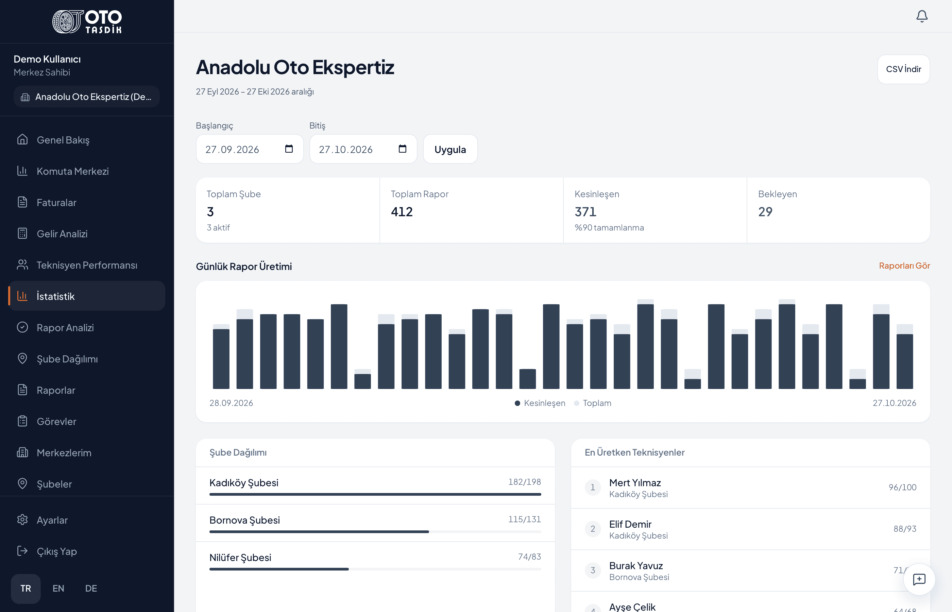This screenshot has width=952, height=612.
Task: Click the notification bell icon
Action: pyautogui.click(x=922, y=16)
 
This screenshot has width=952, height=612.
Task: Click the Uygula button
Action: pyautogui.click(x=450, y=149)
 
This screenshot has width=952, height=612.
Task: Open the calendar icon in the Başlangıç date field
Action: pyautogui.click(x=289, y=149)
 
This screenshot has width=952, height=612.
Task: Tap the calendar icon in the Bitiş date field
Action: pyautogui.click(x=403, y=149)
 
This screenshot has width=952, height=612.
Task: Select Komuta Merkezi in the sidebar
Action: pyautogui.click(x=73, y=171)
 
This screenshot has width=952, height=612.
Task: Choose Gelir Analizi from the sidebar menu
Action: pyautogui.click(x=62, y=234)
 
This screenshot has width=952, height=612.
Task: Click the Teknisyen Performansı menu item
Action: pyautogui.click(x=87, y=265)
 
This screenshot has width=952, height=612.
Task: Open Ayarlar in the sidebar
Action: pyautogui.click(x=52, y=520)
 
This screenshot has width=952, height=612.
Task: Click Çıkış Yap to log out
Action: pyautogui.click(x=57, y=551)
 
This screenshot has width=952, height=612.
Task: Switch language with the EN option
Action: pyautogui.click(x=58, y=589)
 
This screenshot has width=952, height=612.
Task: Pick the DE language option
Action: pyautogui.click(x=91, y=589)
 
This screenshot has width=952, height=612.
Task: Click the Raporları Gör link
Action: pyautogui.click(x=904, y=266)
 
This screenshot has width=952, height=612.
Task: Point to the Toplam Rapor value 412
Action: pyautogui.click(x=402, y=212)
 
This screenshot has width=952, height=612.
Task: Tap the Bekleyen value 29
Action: pyautogui.click(x=765, y=212)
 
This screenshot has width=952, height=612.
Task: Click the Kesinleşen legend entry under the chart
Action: pyautogui.click(x=540, y=403)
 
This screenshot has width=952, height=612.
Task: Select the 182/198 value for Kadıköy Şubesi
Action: pyautogui.click(x=525, y=482)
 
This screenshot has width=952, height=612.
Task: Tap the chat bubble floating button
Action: pyautogui.click(x=919, y=579)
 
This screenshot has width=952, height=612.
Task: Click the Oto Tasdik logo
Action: pyautogui.click(x=87, y=21)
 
